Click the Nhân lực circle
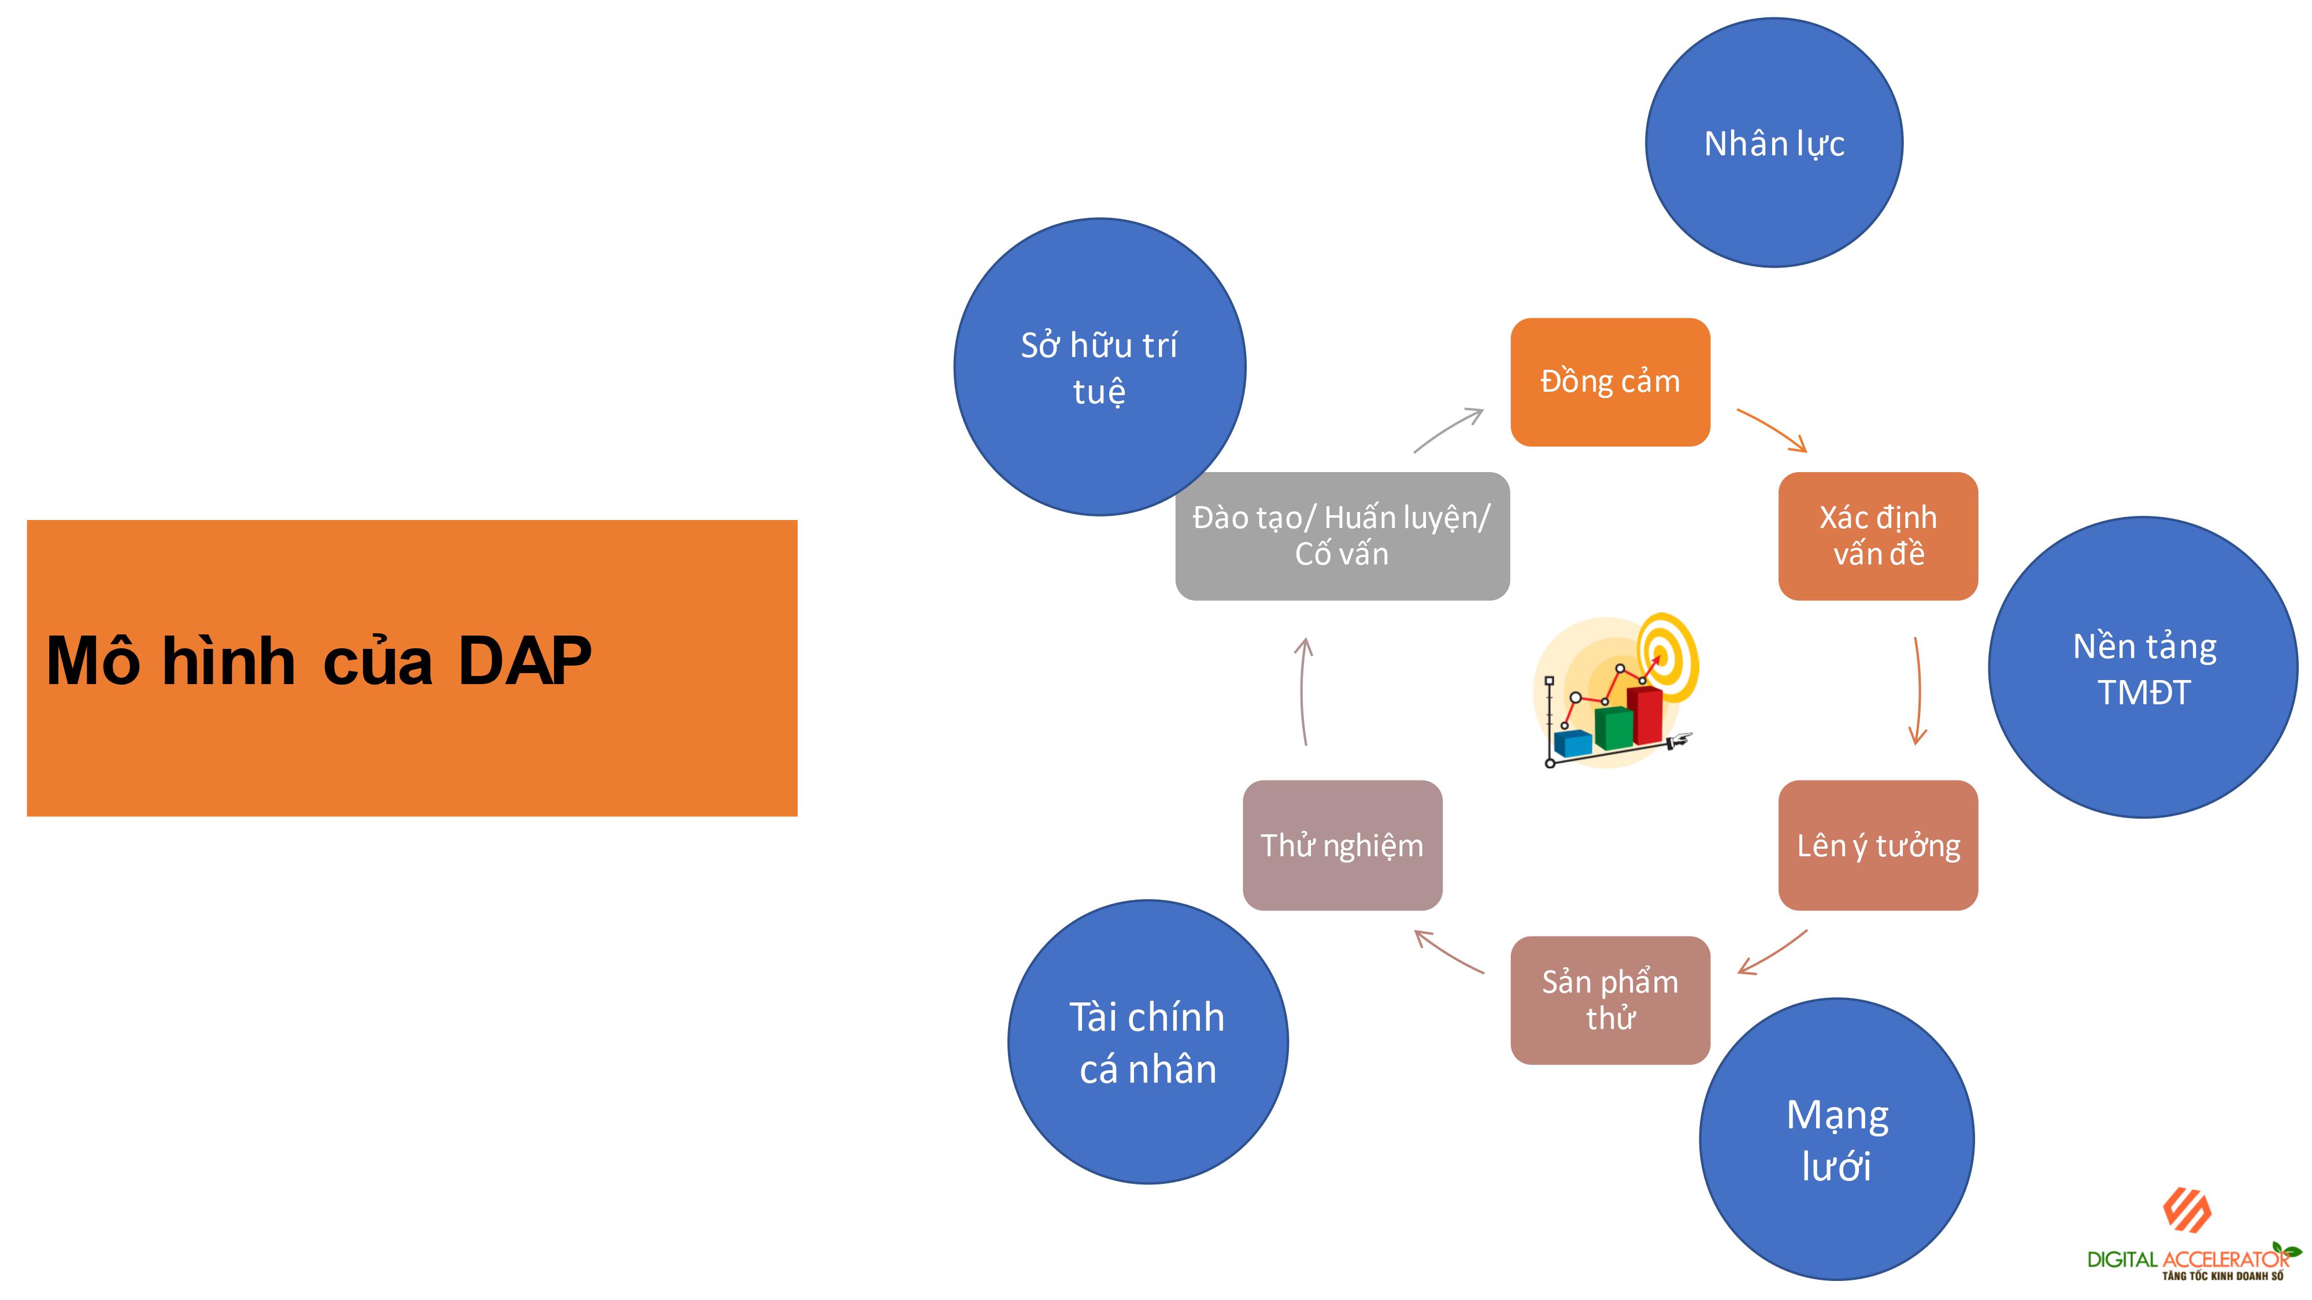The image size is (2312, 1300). tap(1773, 143)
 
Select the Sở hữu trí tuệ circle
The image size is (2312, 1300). tap(1099, 367)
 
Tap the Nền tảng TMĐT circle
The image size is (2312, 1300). tap(2143, 667)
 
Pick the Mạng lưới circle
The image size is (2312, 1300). tap(1836, 1139)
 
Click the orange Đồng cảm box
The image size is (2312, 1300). tap(1610, 382)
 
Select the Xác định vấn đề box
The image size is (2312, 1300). tap(1877, 536)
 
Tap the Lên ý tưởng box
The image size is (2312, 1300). tap(1877, 845)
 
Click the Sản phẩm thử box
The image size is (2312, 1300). tap(1610, 1000)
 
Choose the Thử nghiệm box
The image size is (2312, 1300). tap(1342, 845)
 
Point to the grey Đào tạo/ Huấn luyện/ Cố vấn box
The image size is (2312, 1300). tap(1342, 536)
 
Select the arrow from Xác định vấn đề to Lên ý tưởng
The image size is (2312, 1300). tap(1918, 691)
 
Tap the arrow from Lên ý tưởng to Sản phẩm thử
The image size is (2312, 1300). tap(1773, 953)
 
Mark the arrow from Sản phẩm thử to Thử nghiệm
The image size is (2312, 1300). tap(1448, 952)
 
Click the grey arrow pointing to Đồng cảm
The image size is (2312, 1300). tap(1448, 430)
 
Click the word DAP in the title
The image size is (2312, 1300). tap(525, 661)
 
